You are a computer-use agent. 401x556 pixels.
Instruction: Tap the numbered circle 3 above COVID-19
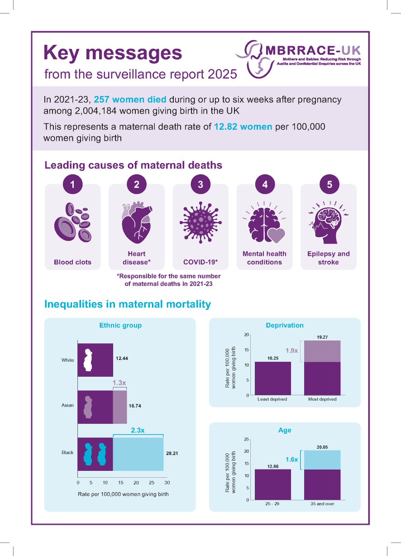pos(200,184)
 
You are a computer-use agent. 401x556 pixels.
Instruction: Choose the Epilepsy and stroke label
pos(328,258)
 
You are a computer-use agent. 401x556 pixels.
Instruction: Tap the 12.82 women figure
pos(243,126)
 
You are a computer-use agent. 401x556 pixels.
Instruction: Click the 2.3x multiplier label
pos(137,430)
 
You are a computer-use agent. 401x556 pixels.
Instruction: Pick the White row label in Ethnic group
pos(68,360)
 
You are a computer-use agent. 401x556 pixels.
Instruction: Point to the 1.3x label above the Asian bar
pos(120,383)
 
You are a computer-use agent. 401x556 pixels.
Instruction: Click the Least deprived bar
pos(273,378)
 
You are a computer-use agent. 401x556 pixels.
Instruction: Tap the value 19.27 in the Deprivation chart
pos(322,336)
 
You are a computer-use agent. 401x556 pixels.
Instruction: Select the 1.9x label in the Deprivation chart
pos(291,351)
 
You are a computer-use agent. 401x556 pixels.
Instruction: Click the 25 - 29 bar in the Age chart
pos(273,485)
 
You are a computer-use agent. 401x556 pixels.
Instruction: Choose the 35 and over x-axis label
pos(322,504)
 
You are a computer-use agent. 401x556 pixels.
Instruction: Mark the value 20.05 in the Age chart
pos(322,447)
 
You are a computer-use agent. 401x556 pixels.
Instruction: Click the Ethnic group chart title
pos(121,325)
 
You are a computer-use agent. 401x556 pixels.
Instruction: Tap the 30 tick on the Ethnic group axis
pos(167,483)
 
